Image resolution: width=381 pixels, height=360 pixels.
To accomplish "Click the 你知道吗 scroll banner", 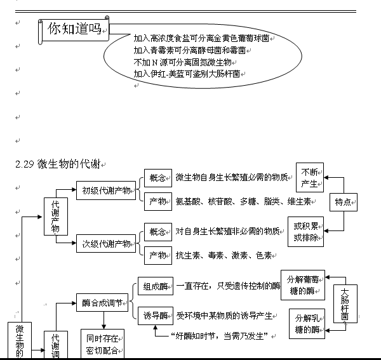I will click(x=75, y=29).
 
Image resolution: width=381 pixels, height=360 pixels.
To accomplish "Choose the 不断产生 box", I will click(x=310, y=178).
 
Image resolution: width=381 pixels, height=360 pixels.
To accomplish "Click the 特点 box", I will click(x=344, y=202).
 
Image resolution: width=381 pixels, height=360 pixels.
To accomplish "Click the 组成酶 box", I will click(x=155, y=286).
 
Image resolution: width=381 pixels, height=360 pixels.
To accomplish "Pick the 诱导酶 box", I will click(x=155, y=315).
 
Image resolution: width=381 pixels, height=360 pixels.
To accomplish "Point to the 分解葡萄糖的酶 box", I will click(x=302, y=284).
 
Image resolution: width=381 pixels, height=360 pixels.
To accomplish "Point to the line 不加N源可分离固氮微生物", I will click(x=182, y=62).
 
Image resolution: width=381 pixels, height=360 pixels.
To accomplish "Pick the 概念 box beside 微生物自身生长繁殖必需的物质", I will click(x=157, y=177).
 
